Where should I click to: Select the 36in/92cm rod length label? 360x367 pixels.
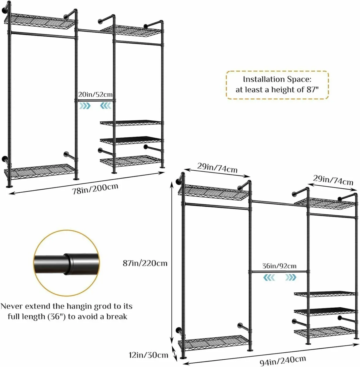click(279, 266)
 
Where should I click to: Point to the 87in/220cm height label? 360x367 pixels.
click(145, 263)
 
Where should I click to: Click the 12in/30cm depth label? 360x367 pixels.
click(148, 355)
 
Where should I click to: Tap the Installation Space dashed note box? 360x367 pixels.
click(277, 85)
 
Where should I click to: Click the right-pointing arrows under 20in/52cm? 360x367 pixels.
click(85, 106)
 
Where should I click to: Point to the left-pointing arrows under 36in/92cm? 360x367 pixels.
click(269, 277)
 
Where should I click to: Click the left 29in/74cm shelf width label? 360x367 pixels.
click(217, 168)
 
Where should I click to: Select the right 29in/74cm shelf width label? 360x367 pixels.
click(333, 180)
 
